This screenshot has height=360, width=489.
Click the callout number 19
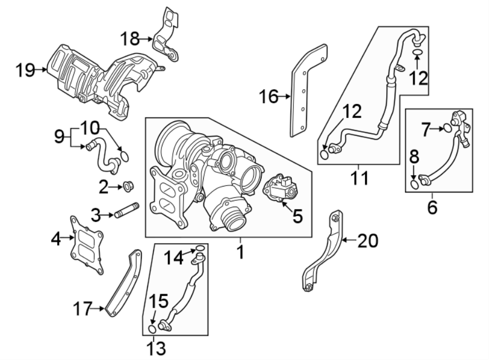click(24, 70)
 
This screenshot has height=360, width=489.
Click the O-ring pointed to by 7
click(446, 128)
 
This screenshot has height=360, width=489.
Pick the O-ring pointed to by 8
click(415, 185)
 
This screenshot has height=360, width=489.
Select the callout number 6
click(432, 207)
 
